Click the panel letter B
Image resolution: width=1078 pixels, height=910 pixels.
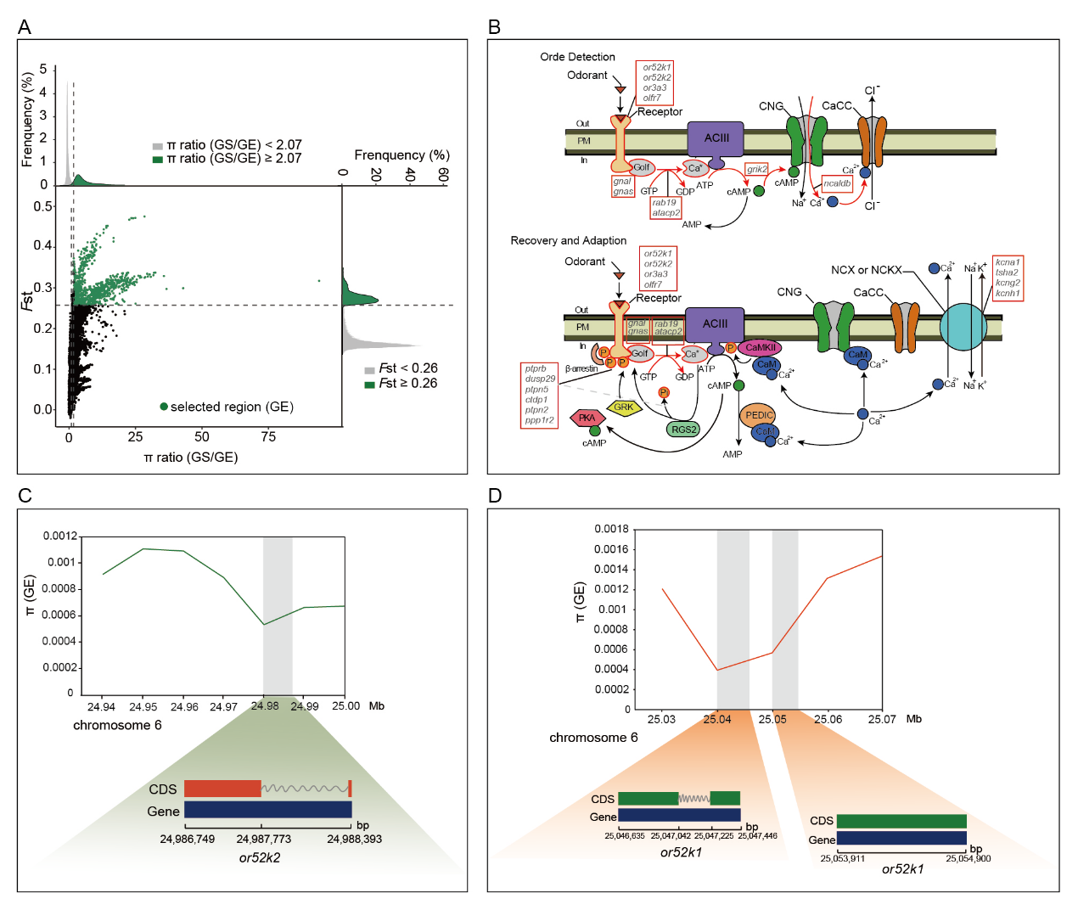(494, 27)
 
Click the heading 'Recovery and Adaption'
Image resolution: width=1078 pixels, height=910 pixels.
(568, 241)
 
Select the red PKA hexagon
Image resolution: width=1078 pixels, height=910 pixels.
(587, 418)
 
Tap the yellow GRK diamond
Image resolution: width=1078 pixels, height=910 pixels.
(624, 407)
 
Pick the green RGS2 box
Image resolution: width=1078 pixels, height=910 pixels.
(683, 430)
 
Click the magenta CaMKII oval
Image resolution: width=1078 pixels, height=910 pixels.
(760, 347)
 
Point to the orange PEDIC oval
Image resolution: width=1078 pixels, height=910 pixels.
(758, 415)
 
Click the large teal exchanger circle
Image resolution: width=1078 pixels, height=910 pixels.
(963, 327)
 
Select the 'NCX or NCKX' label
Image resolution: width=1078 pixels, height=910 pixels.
(866, 270)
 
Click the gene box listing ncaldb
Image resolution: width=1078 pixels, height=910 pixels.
(837, 183)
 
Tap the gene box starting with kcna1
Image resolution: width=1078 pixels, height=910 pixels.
(1008, 278)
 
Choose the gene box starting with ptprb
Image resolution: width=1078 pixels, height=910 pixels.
(539, 394)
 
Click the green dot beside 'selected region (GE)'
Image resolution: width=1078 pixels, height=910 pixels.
(164, 407)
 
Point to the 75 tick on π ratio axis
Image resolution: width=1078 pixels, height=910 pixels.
(268, 436)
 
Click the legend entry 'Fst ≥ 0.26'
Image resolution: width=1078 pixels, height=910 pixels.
(401, 384)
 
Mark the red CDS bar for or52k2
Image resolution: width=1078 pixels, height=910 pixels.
(222, 789)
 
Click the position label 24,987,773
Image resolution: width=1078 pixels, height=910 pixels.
(263, 839)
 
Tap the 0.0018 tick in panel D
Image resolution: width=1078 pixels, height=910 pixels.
(611, 529)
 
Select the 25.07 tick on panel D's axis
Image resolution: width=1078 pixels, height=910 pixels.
(882, 719)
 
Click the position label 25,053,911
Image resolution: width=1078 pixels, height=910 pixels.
(842, 858)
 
